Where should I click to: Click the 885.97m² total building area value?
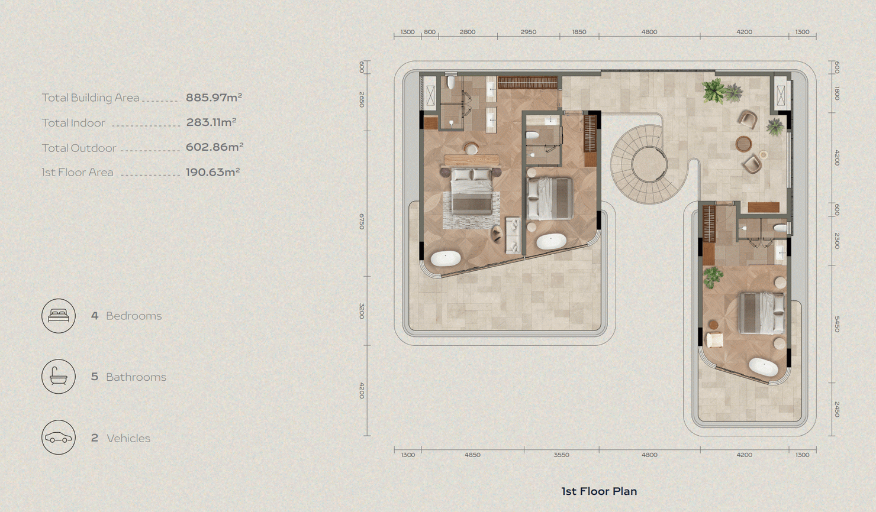click(214, 97)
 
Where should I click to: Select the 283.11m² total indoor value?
click(211, 122)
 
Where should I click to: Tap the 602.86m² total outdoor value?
click(214, 147)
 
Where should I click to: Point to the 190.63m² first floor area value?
click(212, 172)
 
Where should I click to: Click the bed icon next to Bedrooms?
click(59, 316)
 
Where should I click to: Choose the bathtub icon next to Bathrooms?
click(59, 377)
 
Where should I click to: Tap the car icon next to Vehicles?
click(59, 438)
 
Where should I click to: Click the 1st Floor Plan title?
click(599, 491)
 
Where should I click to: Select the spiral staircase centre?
click(649, 164)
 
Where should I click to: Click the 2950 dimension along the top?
click(529, 32)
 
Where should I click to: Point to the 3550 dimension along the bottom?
click(562, 455)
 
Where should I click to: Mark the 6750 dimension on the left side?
click(362, 222)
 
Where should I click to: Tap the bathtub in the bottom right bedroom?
click(764, 367)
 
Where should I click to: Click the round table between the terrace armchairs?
click(743, 144)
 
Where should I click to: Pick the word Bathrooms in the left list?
click(136, 377)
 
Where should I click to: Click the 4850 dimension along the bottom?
click(472, 455)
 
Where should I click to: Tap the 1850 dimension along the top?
click(579, 32)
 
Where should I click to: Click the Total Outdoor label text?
click(79, 148)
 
